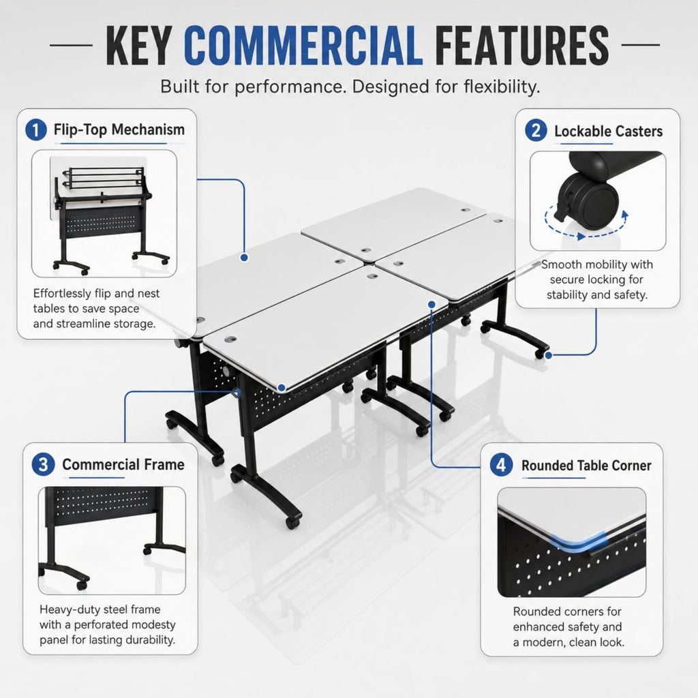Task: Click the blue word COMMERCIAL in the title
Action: click(x=303, y=45)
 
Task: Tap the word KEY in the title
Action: click(x=138, y=45)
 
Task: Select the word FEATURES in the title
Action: click(x=521, y=45)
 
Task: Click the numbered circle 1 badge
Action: click(x=36, y=130)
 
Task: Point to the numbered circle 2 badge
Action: click(x=536, y=130)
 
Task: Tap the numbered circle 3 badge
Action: click(x=43, y=465)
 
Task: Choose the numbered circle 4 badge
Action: click(x=501, y=465)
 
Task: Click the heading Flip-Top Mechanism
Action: click(x=119, y=130)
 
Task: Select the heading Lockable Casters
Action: click(x=608, y=131)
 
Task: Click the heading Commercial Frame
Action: click(x=123, y=464)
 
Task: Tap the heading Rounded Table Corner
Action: click(x=586, y=465)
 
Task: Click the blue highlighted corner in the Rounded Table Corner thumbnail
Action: click(x=578, y=541)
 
